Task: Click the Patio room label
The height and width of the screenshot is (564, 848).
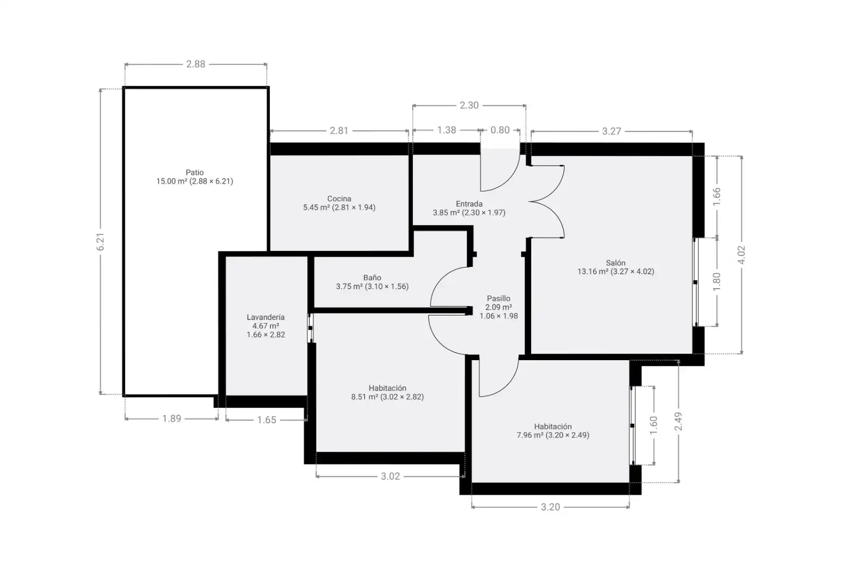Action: click(195, 173)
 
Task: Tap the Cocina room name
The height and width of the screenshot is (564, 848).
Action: click(339, 199)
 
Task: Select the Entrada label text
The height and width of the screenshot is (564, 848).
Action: click(469, 204)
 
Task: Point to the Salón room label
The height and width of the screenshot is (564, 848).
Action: click(615, 263)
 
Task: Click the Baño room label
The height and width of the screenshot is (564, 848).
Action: click(372, 277)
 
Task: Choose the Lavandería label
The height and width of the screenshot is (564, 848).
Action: click(266, 317)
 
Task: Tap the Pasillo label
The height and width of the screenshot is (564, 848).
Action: click(499, 299)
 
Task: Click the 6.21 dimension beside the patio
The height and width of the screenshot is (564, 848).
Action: click(100, 241)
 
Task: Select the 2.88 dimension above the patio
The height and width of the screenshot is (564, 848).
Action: click(196, 64)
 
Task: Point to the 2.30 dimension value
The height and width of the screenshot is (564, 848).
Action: click(469, 105)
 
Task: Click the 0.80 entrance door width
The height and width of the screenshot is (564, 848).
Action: click(500, 130)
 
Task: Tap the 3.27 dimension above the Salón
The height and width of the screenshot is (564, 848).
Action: click(612, 131)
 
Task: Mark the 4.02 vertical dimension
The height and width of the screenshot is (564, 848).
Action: click(741, 255)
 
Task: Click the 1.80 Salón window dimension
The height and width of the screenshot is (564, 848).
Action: click(717, 282)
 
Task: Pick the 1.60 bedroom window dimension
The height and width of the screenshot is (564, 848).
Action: click(654, 425)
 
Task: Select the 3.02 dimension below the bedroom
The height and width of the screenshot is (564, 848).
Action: click(390, 476)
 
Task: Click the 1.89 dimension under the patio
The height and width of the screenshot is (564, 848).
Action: click(172, 419)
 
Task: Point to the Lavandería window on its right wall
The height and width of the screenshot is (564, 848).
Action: click(310, 328)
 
